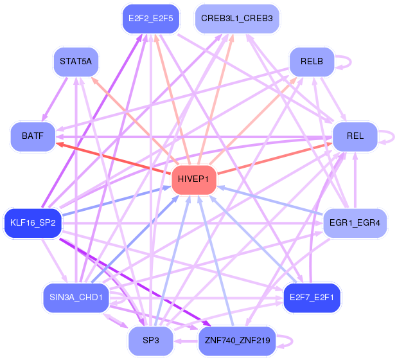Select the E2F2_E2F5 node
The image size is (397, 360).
click(x=151, y=19)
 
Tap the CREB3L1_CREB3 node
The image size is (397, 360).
click(x=236, y=19)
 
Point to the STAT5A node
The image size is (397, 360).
click(x=76, y=62)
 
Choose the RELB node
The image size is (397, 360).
click(x=312, y=62)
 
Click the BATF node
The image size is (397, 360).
click(x=33, y=136)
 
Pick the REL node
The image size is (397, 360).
click(x=355, y=136)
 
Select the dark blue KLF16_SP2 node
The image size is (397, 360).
click(x=33, y=222)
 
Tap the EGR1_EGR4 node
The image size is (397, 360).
click(x=355, y=222)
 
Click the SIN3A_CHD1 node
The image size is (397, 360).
click(x=76, y=298)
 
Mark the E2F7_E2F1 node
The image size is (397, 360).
click(x=312, y=298)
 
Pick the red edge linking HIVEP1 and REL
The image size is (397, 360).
click(x=276, y=157)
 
